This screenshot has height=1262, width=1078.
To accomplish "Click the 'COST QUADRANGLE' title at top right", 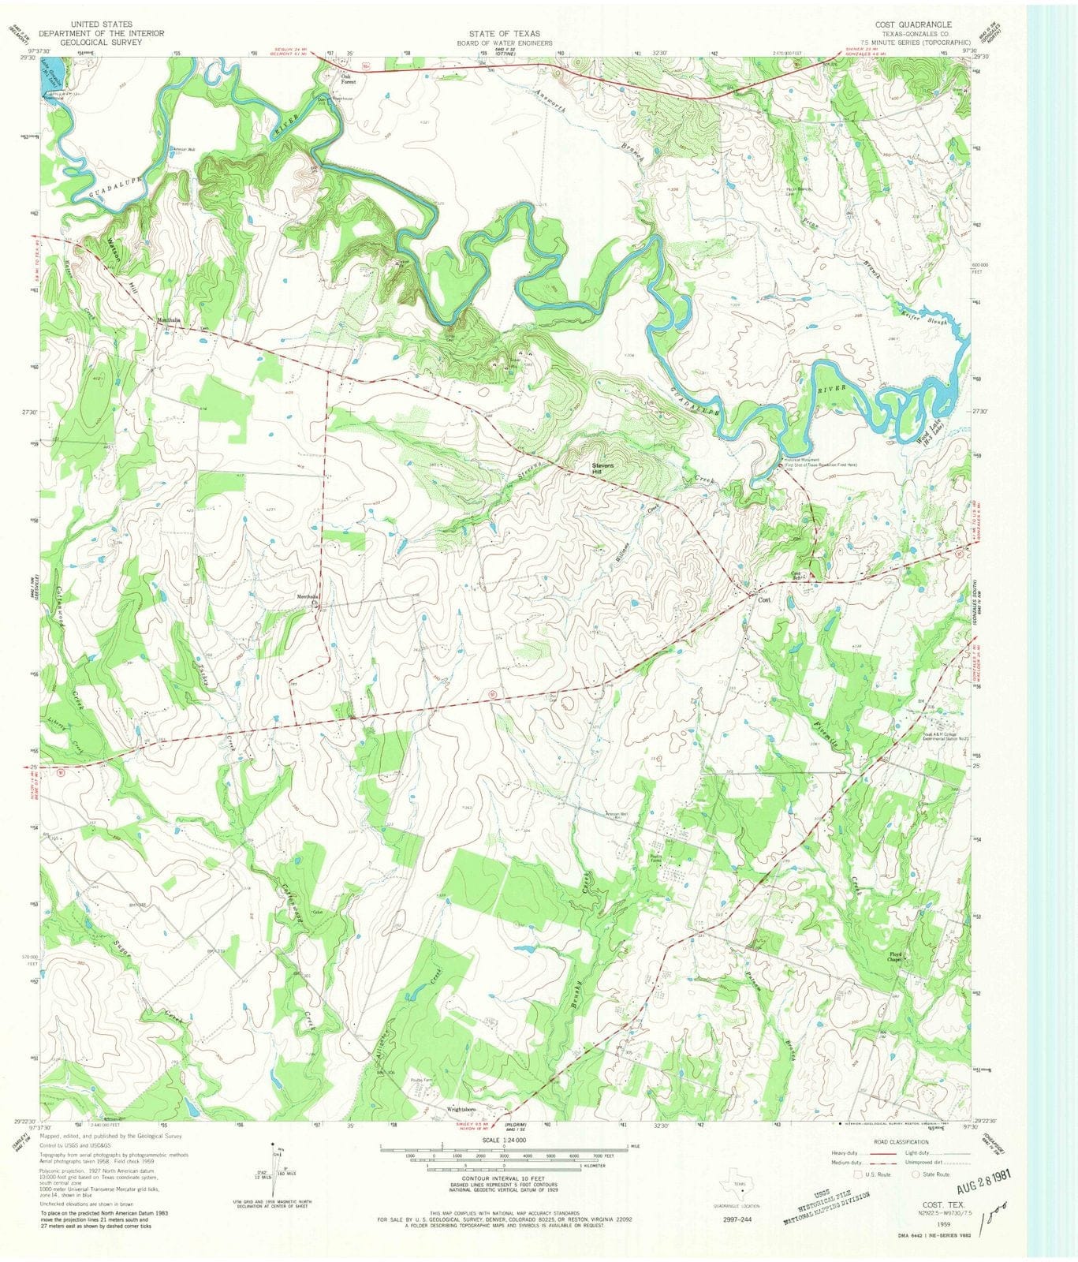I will click(x=917, y=25).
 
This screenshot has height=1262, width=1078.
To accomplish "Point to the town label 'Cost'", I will click(x=763, y=600).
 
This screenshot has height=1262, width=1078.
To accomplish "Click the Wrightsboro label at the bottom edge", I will click(x=465, y=1108).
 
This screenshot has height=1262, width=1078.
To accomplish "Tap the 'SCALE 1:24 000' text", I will click(x=502, y=1140).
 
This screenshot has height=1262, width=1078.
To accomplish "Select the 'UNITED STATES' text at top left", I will click(x=102, y=25).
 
